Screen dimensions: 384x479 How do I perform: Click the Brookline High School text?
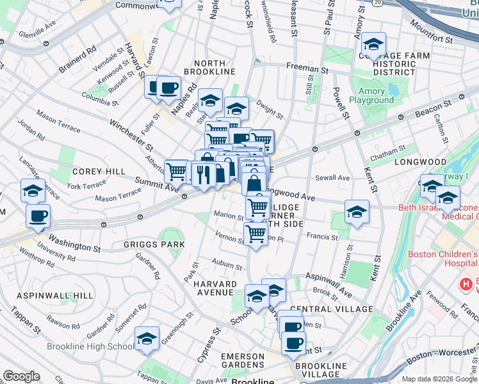tap(94, 347)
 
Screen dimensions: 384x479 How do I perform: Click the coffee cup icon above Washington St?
tap(38, 216)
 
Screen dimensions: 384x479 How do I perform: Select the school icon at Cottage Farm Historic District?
tap(373, 44)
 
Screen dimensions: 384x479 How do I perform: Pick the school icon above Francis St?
tap(357, 212)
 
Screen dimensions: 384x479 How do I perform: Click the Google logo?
tap(21, 376)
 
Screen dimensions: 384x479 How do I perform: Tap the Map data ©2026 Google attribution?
tap(439, 379)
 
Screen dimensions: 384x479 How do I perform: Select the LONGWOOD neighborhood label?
tap(420, 162)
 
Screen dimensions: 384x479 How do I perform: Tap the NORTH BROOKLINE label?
tap(211, 67)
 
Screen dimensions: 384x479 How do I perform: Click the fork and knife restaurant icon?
tap(204, 173)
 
